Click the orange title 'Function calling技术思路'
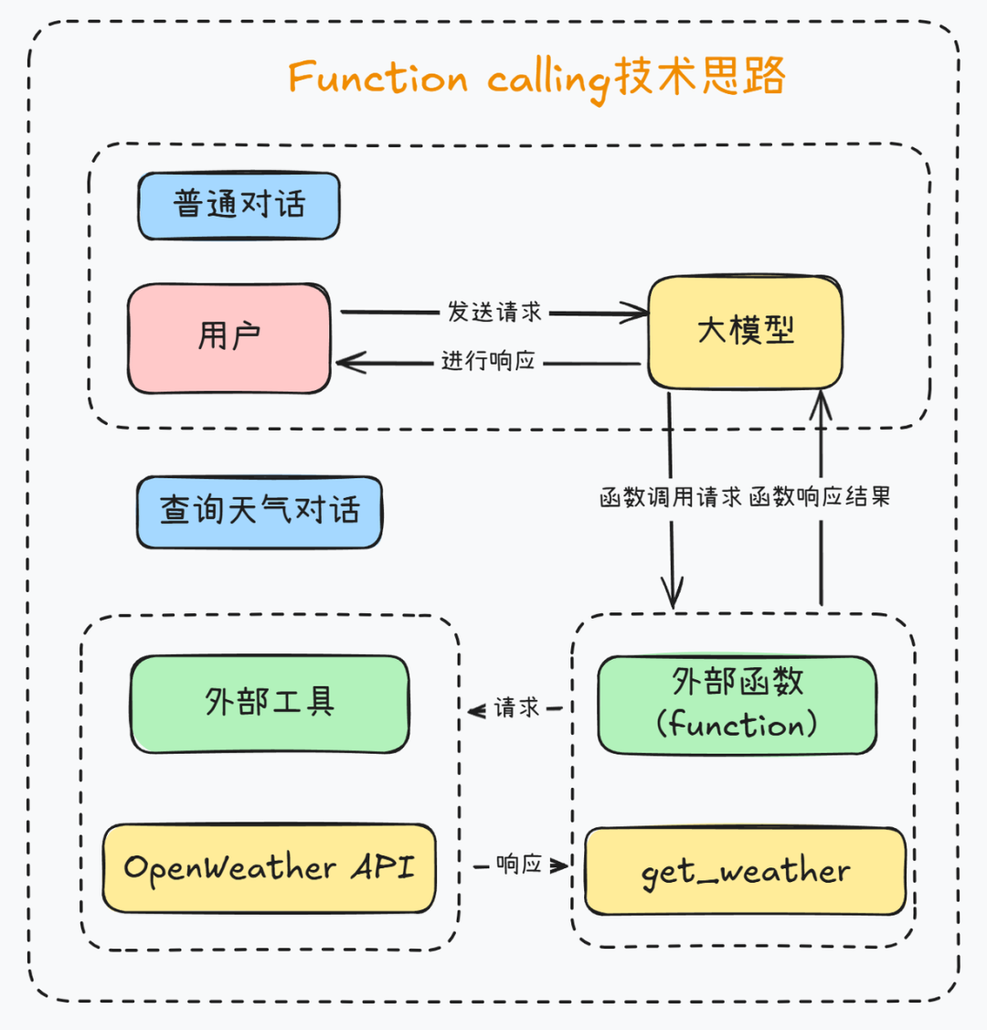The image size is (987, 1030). pyautogui.click(x=536, y=78)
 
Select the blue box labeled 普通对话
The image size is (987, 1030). pyautogui.click(x=239, y=205)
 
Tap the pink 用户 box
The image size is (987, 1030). pyautogui.click(x=229, y=338)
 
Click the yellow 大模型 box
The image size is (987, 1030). pyautogui.click(x=745, y=331)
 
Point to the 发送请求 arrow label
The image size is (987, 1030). pyautogui.click(x=494, y=312)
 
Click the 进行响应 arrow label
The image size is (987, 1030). pyautogui.click(x=488, y=361)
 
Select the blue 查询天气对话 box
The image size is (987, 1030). pyautogui.click(x=260, y=510)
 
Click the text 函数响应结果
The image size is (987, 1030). pyautogui.click(x=820, y=498)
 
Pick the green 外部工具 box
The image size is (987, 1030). pyautogui.click(x=270, y=703)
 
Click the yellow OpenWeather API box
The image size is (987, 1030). pyautogui.click(x=269, y=867)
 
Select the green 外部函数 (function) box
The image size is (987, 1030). pyautogui.click(x=737, y=704)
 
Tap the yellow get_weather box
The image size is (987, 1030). pyautogui.click(x=745, y=871)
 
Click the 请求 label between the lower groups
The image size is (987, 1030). pyautogui.click(x=517, y=707)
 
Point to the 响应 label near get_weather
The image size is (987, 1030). pyautogui.click(x=519, y=864)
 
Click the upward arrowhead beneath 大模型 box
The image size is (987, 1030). pyautogui.click(x=822, y=400)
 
